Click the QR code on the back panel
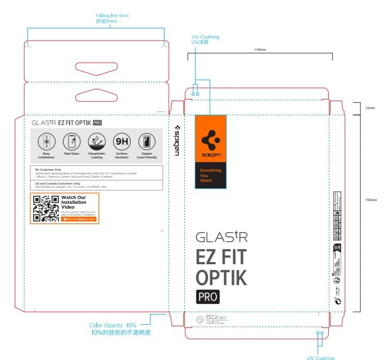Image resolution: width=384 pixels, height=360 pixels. (46, 208)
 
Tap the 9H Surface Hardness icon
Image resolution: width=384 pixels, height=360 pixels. (122, 142)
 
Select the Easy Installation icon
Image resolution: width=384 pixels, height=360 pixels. (46, 142)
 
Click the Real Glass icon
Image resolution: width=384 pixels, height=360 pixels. (71, 142)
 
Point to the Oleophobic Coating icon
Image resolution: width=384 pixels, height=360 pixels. (96, 142)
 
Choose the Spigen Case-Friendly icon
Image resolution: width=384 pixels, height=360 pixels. (146, 142)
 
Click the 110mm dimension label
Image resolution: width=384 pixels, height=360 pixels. (260, 49)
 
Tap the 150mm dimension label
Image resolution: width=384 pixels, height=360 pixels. (371, 200)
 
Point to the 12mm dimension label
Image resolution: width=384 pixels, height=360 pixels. (370, 108)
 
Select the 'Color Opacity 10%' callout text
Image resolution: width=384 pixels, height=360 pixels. (113, 325)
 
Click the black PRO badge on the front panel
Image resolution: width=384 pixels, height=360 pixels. (207, 296)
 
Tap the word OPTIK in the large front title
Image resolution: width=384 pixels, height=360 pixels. (221, 278)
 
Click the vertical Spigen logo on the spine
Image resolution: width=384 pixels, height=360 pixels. (177, 141)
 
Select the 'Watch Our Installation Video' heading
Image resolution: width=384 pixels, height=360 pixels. (73, 203)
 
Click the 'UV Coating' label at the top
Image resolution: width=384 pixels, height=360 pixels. (205, 37)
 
